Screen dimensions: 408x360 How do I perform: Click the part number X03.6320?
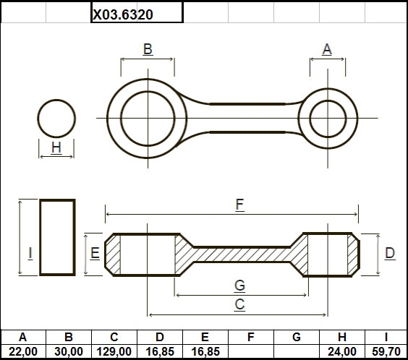click(x=123, y=14)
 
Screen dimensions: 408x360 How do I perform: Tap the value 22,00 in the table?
click(x=23, y=351)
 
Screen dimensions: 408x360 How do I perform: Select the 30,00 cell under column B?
click(x=69, y=351)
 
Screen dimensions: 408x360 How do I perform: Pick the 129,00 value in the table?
click(x=114, y=351)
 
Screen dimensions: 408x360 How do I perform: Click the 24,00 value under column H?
click(x=342, y=351)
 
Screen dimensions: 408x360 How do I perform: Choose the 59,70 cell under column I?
click(x=386, y=351)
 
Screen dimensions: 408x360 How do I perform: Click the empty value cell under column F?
click(x=251, y=351)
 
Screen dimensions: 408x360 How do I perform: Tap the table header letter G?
click(x=297, y=337)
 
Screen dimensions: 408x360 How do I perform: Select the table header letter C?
click(x=114, y=337)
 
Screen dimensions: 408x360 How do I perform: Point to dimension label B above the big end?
click(x=148, y=49)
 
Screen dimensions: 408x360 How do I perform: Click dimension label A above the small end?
click(x=327, y=49)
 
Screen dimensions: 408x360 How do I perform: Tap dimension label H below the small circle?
click(x=56, y=147)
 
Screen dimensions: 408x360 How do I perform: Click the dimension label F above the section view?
click(x=239, y=205)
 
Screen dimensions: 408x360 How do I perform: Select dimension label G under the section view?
click(x=239, y=286)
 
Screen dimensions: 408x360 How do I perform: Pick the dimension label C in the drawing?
click(x=239, y=304)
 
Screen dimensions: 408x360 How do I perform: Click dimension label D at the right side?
click(x=390, y=253)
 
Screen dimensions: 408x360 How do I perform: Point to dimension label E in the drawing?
click(x=95, y=253)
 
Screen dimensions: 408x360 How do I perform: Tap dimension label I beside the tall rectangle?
click(x=30, y=253)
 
